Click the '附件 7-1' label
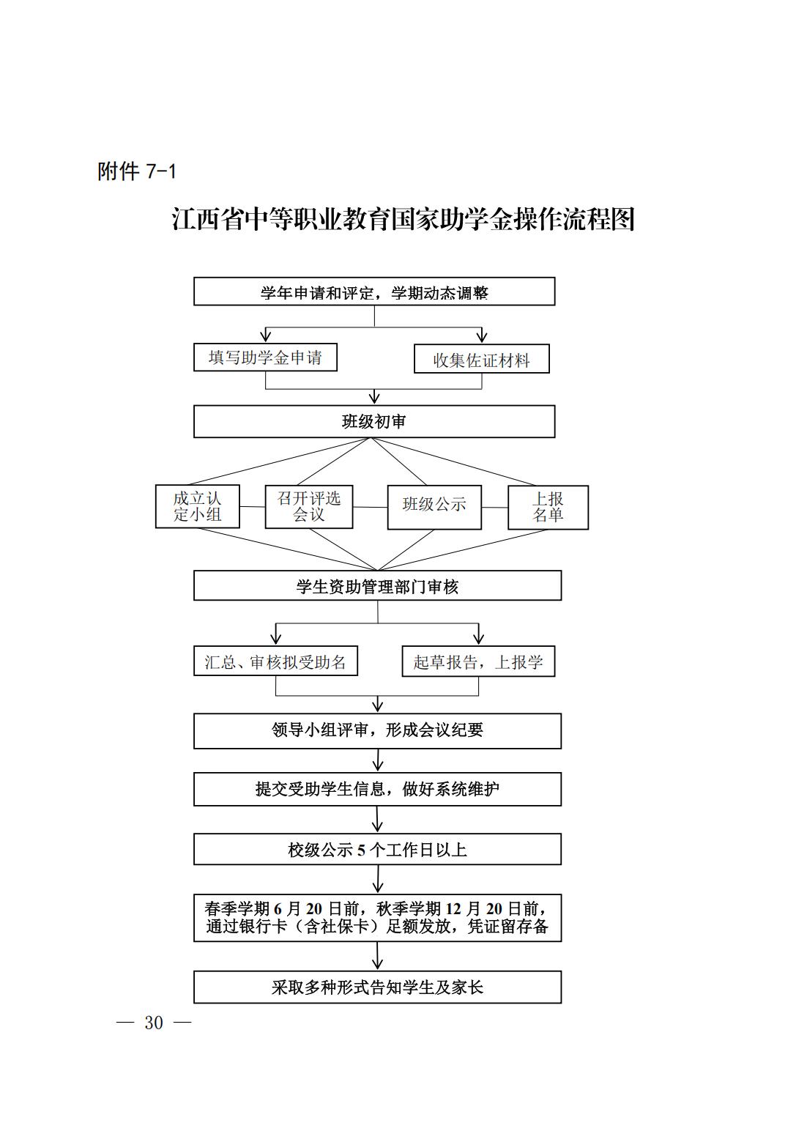(137, 171)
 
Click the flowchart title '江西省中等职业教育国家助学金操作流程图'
(403, 219)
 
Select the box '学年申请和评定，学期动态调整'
(374, 292)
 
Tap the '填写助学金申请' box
(265, 357)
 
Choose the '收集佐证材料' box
(481, 359)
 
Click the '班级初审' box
(374, 422)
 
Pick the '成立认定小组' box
(197, 506)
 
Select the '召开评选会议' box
(309, 507)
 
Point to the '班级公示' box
(434, 508)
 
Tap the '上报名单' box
(548, 508)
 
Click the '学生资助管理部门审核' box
(377, 585)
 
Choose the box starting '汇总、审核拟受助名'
(275, 661)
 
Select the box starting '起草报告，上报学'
(478, 661)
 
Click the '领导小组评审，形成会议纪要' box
(377, 731)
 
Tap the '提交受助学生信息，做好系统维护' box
(377, 789)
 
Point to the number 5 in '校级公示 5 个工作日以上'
(361, 850)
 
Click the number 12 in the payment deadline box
(453, 909)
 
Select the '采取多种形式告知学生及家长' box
(377, 987)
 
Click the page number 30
(154, 1023)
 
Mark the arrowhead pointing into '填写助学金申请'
(265, 336)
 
